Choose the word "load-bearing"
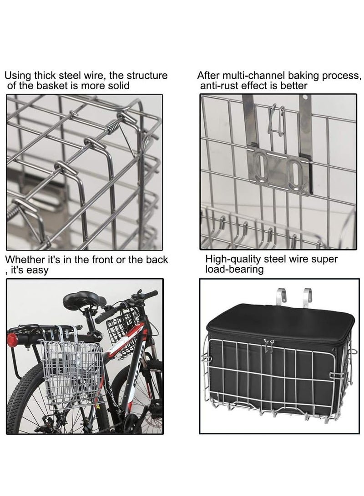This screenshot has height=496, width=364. (234, 270)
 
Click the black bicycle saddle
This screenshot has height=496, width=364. (84, 301)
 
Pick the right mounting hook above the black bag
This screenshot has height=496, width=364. (308, 297)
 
